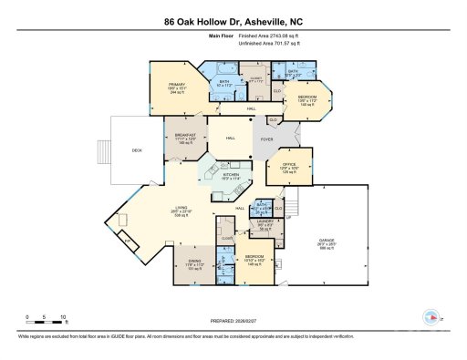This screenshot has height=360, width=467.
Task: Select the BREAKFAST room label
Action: [186, 138]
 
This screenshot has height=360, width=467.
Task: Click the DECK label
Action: [138, 150]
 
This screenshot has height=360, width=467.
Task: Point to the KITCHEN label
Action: [231, 175]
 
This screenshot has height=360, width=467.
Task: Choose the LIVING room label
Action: [183, 211]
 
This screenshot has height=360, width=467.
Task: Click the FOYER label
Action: [268, 139]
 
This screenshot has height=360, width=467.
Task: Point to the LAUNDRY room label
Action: [265, 225]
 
